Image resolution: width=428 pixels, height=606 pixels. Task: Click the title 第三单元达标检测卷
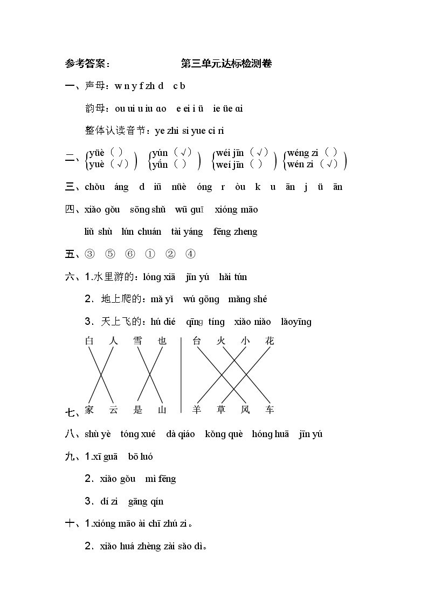point(226,64)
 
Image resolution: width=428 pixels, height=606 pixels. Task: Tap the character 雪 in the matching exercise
point(137,341)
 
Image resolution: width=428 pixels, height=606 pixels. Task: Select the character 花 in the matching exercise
point(270,341)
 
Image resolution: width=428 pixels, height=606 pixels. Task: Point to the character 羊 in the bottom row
point(197,410)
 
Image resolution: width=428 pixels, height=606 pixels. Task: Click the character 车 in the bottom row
point(270,410)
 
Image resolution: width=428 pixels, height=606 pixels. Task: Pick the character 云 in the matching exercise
point(113,410)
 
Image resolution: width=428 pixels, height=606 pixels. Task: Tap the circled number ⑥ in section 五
point(130,254)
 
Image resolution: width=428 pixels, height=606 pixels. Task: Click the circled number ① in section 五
point(150,254)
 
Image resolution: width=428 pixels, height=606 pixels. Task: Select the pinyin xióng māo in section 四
point(236,209)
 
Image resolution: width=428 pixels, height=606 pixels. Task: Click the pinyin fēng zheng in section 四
point(235,232)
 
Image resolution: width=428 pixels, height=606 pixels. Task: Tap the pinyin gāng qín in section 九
point(146,502)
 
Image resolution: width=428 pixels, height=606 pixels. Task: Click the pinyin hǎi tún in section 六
point(233,277)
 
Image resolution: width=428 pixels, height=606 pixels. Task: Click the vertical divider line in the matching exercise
point(181,375)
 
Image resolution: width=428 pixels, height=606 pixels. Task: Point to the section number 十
point(70,523)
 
